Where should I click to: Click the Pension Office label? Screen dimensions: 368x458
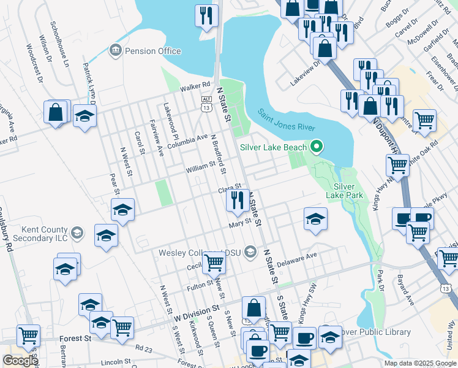click(x=152, y=51)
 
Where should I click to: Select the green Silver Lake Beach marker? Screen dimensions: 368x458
click(x=316, y=147)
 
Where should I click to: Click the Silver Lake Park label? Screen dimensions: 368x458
click(x=348, y=191)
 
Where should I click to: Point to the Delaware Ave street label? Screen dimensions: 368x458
click(x=297, y=259)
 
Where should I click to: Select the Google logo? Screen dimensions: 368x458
click(x=20, y=361)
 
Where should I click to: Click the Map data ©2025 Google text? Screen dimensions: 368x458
click(x=419, y=363)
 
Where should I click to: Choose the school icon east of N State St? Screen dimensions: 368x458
click(x=315, y=219)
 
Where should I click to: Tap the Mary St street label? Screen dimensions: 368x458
click(x=241, y=223)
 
